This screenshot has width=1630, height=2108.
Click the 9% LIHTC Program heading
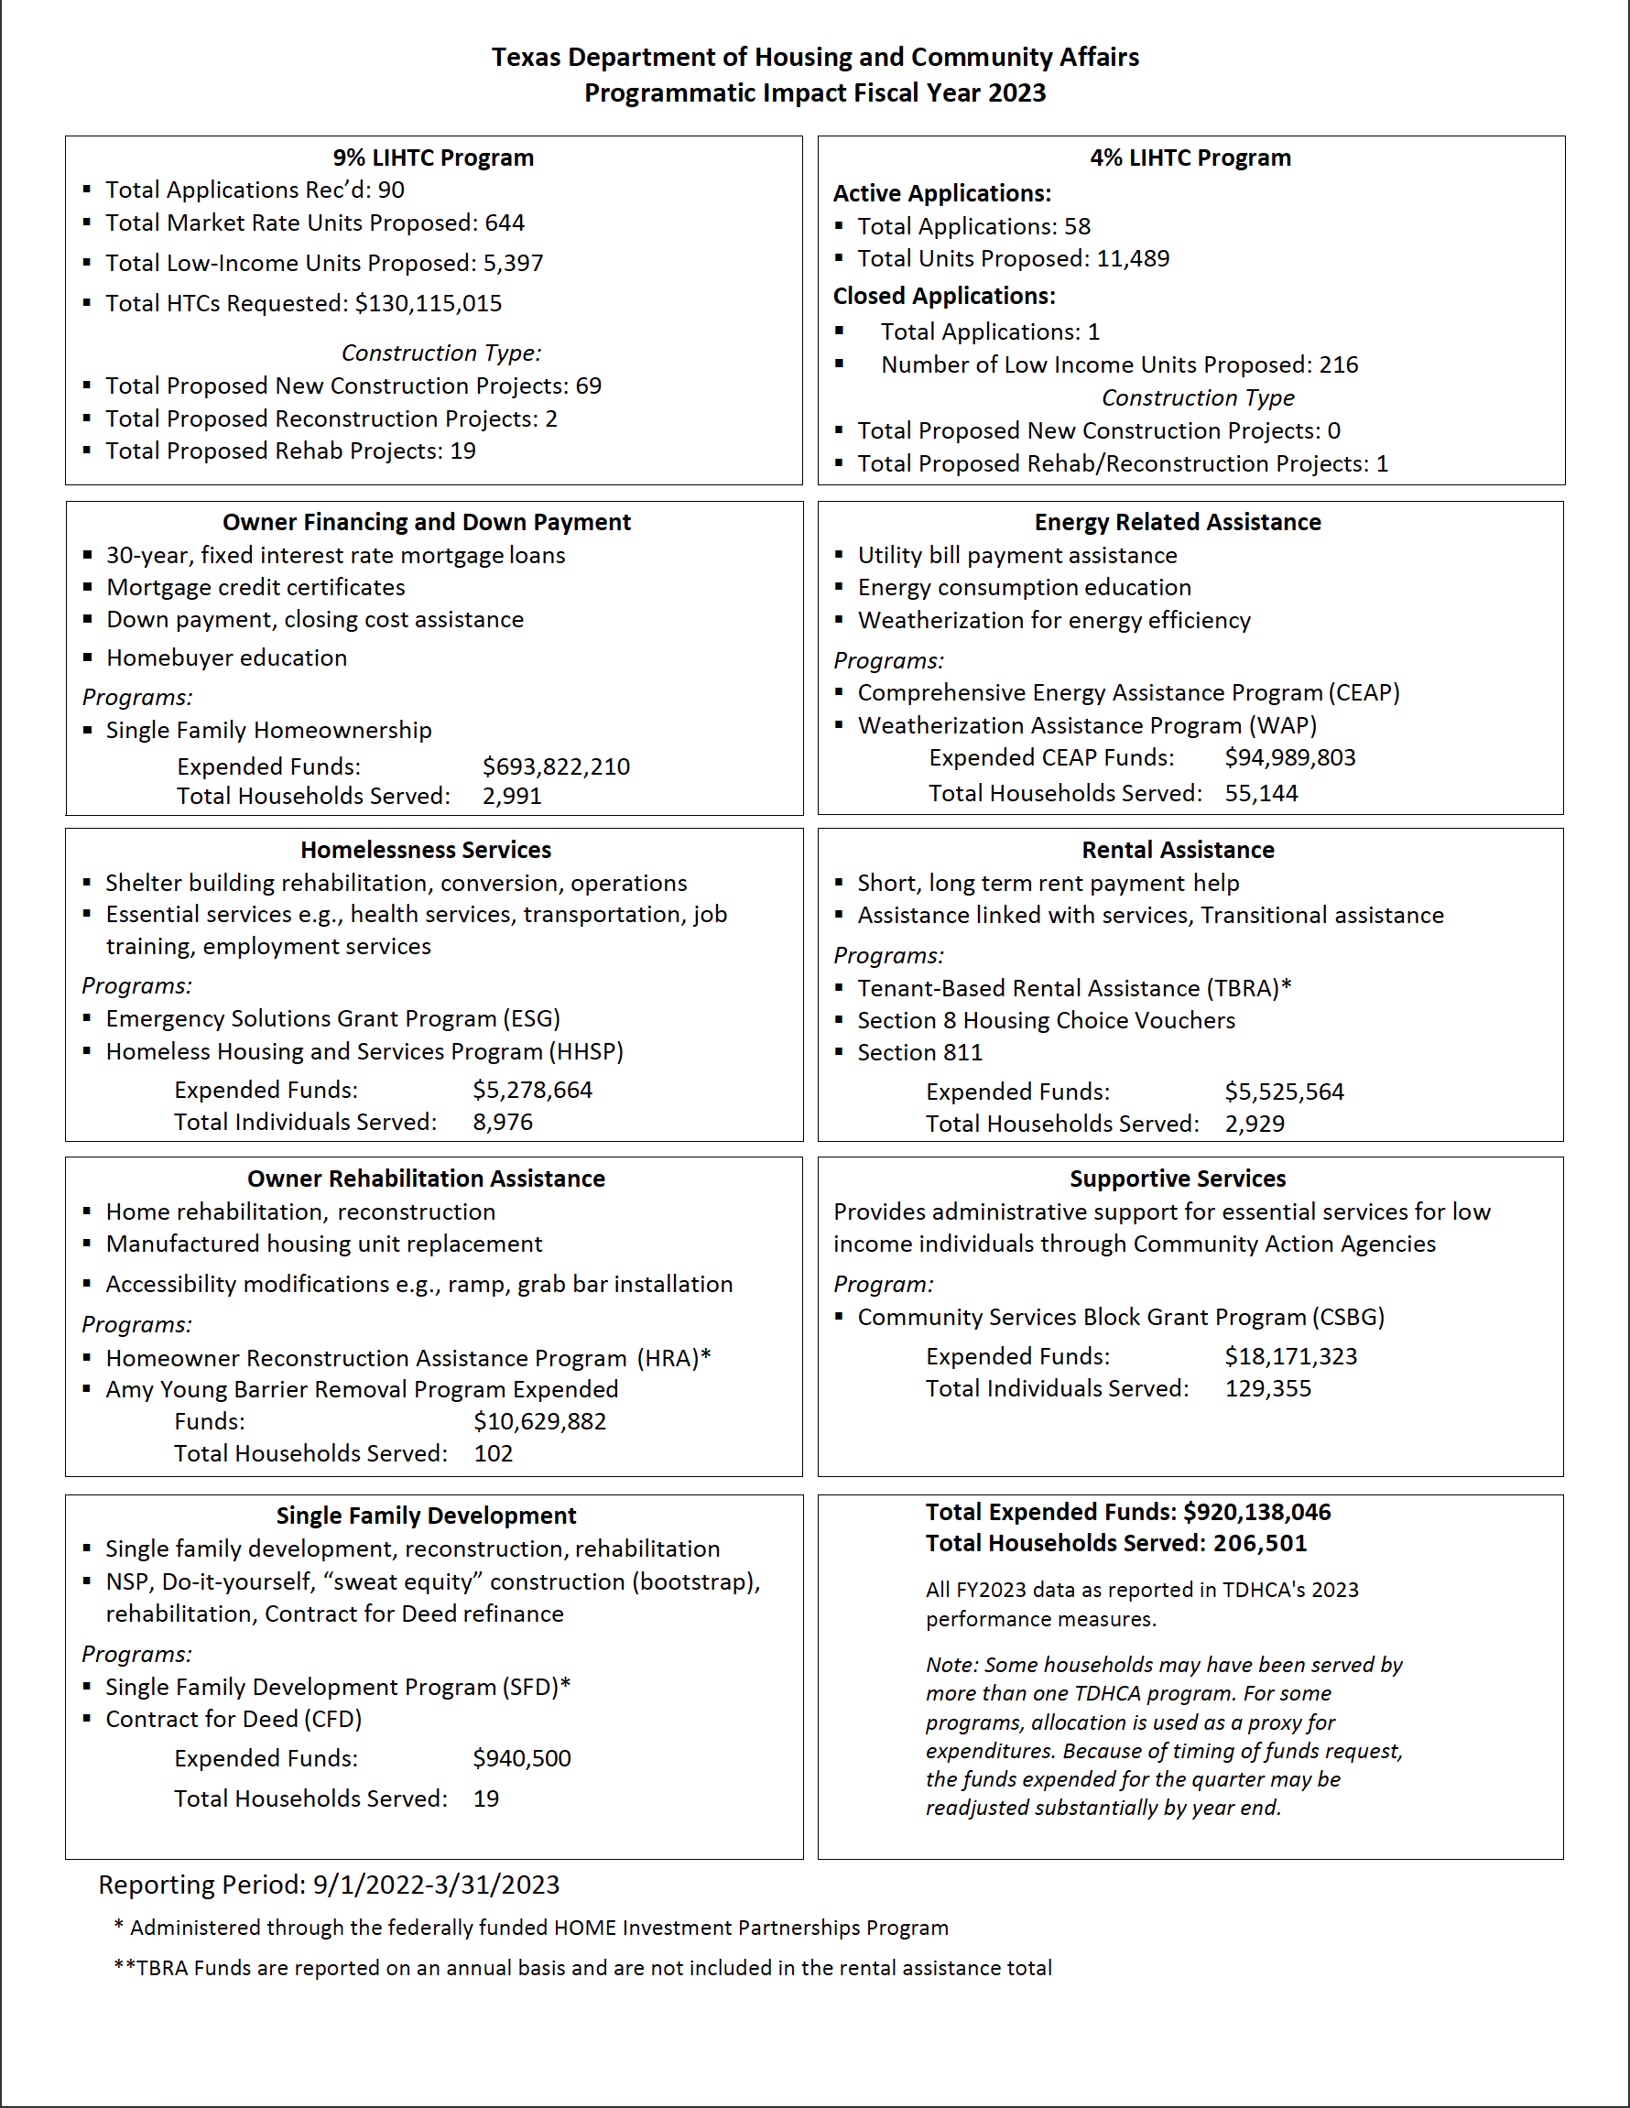[x=432, y=158]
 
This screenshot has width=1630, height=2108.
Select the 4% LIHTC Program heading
[x=1190, y=158]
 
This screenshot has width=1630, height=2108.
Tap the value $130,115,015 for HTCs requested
[x=429, y=303]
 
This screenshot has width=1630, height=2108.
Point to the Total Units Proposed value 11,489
[x=1132, y=258]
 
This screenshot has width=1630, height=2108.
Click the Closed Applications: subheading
[x=944, y=296]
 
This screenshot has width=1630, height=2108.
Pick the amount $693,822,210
[x=556, y=766]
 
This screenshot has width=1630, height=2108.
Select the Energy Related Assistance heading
[x=1178, y=522]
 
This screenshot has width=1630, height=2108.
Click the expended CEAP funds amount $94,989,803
[x=1289, y=757]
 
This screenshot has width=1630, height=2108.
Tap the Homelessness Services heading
[x=426, y=851]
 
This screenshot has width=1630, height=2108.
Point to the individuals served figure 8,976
[x=502, y=1122]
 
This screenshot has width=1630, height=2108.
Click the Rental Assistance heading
[x=1178, y=851]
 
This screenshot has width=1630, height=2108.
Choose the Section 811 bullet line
[x=919, y=1052]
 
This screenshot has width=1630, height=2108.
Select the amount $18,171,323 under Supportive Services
[x=1290, y=1356]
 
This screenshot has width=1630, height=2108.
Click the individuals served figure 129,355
[x=1268, y=1388]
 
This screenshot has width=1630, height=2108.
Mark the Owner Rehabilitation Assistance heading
[x=426, y=1179]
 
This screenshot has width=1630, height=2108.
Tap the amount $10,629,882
[x=539, y=1421]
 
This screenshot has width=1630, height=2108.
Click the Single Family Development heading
[x=426, y=1516]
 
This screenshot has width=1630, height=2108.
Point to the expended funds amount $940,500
[x=521, y=1757]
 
